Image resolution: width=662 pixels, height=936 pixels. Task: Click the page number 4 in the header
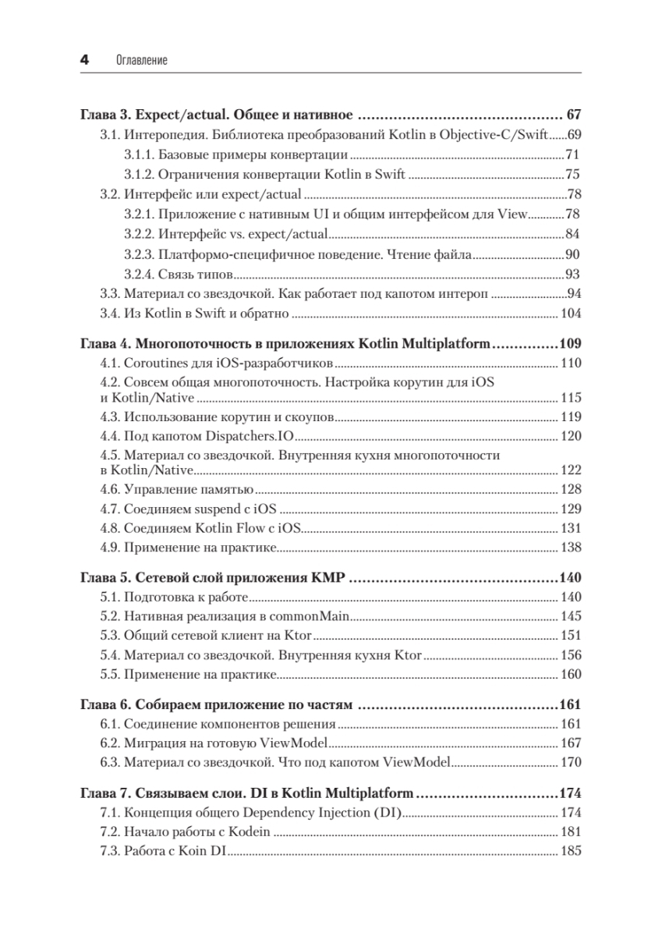click(x=85, y=59)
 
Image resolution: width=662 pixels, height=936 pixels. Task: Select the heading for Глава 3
click(x=218, y=114)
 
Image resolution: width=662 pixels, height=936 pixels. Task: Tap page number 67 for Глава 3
click(x=574, y=114)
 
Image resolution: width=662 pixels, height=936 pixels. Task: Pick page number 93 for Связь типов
click(x=573, y=274)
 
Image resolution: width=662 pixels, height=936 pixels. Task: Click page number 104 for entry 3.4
click(x=571, y=314)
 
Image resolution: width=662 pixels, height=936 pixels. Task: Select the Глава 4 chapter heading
click(x=285, y=343)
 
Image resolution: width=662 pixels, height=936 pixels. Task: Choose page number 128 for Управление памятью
click(x=571, y=489)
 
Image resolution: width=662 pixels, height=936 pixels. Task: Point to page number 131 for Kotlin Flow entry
click(x=571, y=529)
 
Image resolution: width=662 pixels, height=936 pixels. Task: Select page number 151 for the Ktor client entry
click(x=571, y=636)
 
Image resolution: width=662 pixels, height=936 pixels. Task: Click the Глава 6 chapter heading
click(x=218, y=706)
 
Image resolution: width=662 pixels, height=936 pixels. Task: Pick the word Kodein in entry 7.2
click(x=250, y=831)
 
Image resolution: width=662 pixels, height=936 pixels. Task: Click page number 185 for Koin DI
click(x=571, y=851)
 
